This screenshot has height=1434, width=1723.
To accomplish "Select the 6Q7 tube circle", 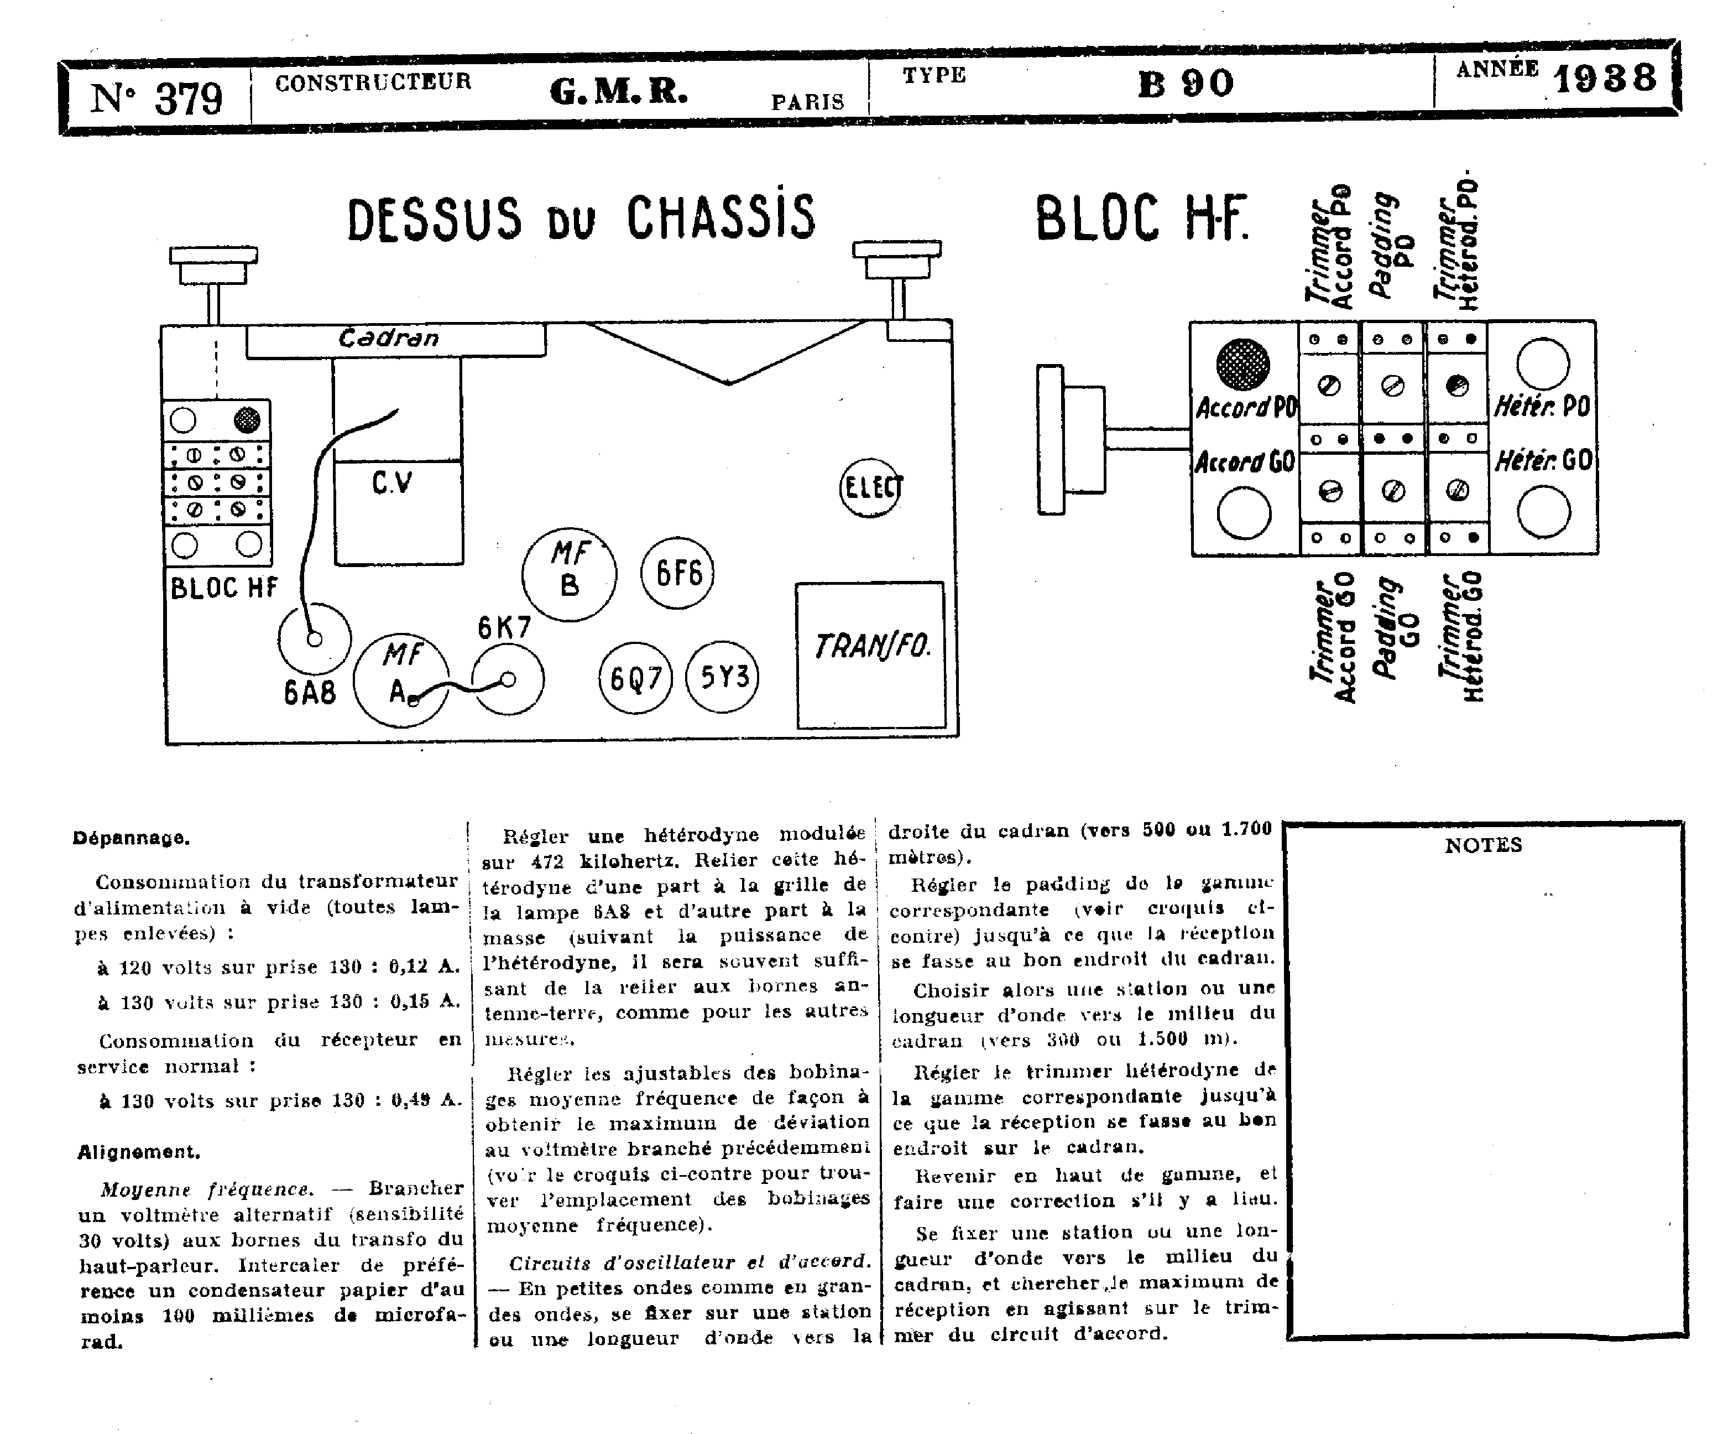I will click(x=636, y=678).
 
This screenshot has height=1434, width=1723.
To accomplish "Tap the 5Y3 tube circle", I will click(x=723, y=677).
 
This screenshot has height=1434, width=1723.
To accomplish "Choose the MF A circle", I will click(x=401, y=679).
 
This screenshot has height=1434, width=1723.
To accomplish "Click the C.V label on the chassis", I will click(x=392, y=482).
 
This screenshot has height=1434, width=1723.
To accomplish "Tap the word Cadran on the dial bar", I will click(x=388, y=338).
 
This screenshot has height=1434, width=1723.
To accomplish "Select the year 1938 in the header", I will click(x=1605, y=78).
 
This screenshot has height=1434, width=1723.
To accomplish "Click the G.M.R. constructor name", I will click(x=618, y=92).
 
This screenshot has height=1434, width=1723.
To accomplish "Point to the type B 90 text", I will click(x=1186, y=84).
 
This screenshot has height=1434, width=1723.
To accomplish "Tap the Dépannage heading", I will click(x=131, y=838).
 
